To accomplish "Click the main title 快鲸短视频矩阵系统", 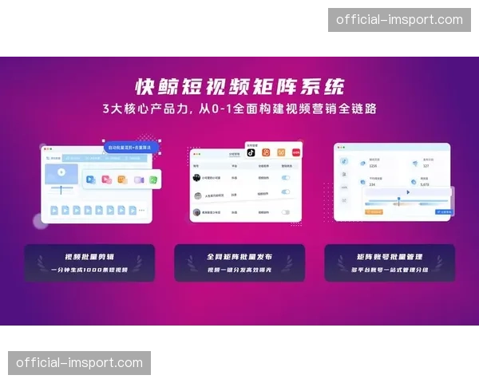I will click(x=239, y=86).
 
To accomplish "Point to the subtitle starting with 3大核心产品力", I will click(x=239, y=109).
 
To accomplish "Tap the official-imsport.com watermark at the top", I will click(x=399, y=19).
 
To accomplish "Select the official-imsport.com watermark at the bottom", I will click(x=79, y=363).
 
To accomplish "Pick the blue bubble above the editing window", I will click(x=133, y=148).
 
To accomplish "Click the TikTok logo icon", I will click(x=251, y=152).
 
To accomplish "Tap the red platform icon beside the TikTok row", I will click(x=295, y=152).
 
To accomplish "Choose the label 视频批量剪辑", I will click(x=89, y=257).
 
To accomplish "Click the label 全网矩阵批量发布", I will click(x=239, y=257).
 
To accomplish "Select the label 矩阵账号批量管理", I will click(x=390, y=257).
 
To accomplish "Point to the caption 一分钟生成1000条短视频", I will click(x=89, y=270).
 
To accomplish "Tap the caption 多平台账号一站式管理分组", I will click(x=390, y=270).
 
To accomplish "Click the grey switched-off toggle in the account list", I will click(x=285, y=212).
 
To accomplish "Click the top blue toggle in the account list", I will click(x=285, y=179).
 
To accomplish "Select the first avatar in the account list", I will click(x=196, y=179).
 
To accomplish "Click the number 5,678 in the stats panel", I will click(x=423, y=184).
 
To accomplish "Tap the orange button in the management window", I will click(x=374, y=212).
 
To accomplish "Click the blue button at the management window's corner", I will click(x=443, y=212).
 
